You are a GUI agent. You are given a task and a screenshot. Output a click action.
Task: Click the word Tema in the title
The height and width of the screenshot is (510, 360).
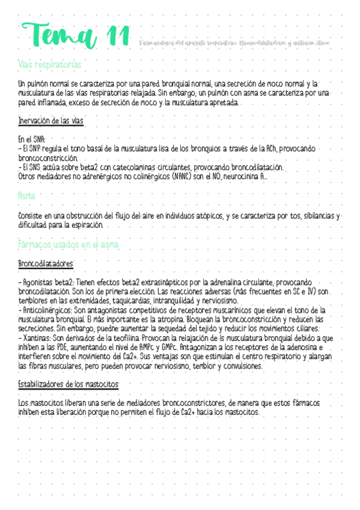pyautogui.click(x=56, y=38)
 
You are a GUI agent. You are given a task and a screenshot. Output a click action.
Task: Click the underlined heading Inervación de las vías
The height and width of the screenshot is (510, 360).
pyautogui.click(x=50, y=121)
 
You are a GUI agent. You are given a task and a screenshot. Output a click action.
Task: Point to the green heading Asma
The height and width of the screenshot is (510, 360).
pyautogui.click(x=26, y=196)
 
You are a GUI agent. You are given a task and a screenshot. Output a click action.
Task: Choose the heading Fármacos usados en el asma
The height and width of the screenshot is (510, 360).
pyautogui.click(x=69, y=245)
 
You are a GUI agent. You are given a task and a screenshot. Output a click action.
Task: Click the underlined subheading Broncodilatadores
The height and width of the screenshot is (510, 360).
pyautogui.click(x=46, y=264)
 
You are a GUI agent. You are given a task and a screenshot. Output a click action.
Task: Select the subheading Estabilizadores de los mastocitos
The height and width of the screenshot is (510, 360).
pyautogui.click(x=69, y=384)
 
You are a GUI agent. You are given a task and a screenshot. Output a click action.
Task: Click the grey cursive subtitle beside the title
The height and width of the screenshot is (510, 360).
pyautogui.click(x=242, y=43)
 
